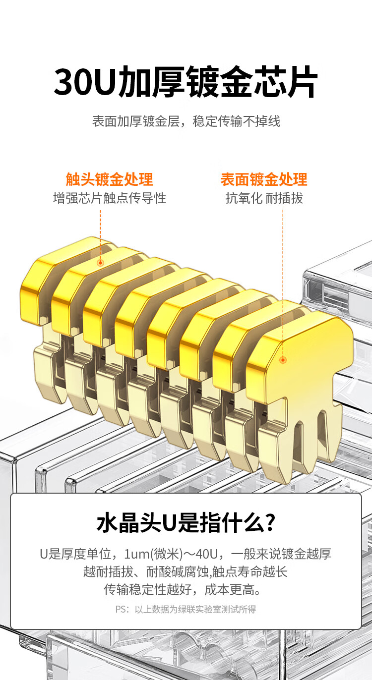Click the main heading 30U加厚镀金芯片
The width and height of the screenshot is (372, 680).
click(x=186, y=82)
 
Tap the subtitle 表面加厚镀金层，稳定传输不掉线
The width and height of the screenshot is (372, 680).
click(x=186, y=121)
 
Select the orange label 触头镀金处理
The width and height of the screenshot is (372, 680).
click(x=110, y=179)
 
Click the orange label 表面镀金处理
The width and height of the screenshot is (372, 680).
click(x=264, y=179)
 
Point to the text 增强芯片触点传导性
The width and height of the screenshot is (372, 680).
click(x=110, y=198)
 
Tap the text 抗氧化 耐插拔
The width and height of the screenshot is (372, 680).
click(x=264, y=198)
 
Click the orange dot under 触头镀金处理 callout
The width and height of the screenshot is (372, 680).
click(x=100, y=263)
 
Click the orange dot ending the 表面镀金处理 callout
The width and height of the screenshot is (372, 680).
click(x=283, y=360)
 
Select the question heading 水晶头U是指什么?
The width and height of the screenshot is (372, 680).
click(x=186, y=522)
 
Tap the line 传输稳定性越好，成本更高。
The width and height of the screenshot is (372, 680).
click(x=183, y=590)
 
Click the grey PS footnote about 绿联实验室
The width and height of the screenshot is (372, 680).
click(x=186, y=609)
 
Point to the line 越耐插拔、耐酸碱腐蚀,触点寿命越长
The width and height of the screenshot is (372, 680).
click(x=186, y=572)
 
